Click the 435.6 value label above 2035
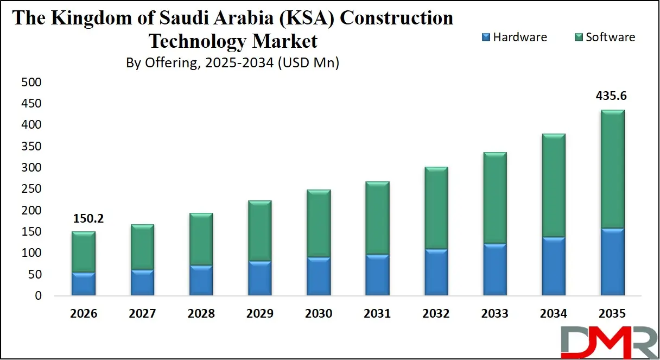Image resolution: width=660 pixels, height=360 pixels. click(x=611, y=96)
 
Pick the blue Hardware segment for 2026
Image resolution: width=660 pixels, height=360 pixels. click(x=84, y=284)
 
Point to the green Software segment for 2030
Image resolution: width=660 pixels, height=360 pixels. click(x=319, y=223)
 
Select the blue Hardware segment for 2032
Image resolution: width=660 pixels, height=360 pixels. click(x=436, y=272)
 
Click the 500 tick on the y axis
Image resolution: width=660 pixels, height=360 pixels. click(x=31, y=83)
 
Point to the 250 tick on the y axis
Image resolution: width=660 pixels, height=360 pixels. click(x=31, y=189)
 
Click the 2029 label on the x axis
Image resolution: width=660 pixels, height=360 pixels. click(x=259, y=314)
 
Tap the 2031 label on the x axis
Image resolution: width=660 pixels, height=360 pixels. click(x=377, y=314)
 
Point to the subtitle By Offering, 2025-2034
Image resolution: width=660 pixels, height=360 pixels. click(x=232, y=63)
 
